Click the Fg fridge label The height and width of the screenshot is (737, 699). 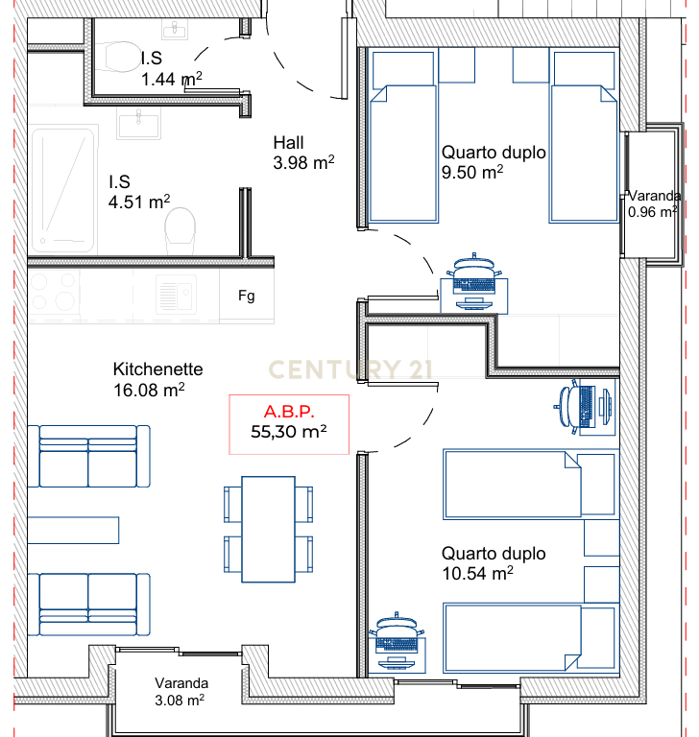[247, 296]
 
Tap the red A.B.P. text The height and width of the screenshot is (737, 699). [289, 412]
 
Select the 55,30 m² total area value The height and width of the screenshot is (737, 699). [289, 432]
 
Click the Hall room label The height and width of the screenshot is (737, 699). [288, 142]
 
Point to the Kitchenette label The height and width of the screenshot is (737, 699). [158, 368]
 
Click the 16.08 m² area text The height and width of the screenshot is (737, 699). [149, 390]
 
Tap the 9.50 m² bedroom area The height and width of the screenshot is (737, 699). [472, 172]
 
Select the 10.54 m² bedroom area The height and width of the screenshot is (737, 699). [477, 573]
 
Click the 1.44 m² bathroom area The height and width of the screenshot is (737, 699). [172, 79]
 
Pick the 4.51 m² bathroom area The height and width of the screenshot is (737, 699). [139, 202]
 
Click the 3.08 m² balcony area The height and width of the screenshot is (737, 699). [180, 700]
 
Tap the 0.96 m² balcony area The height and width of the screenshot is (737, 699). [653, 212]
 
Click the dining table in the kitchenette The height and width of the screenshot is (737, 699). [268, 530]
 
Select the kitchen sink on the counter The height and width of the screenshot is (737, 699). [176, 296]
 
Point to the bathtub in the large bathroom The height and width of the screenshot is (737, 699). [63, 190]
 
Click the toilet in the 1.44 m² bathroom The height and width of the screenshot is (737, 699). [121, 57]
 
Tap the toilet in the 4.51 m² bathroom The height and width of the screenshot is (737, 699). [181, 231]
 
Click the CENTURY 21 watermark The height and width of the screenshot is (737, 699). [350, 369]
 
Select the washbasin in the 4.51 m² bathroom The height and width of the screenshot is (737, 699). [139, 123]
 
